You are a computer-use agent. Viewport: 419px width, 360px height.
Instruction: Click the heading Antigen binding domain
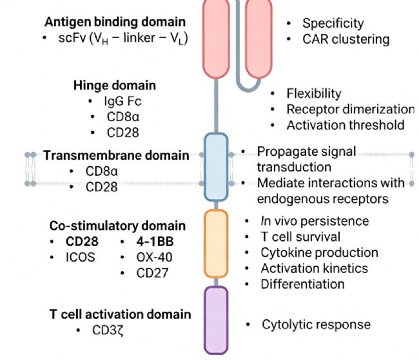point(115,22)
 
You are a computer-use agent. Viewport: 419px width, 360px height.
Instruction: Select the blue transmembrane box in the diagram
point(216,167)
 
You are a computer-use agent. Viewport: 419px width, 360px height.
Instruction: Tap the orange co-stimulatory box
point(216,244)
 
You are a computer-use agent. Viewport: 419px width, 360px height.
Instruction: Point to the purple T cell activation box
point(216,320)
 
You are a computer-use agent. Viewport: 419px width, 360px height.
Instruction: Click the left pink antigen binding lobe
point(216,39)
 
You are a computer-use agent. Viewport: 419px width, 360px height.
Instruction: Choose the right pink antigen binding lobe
point(258,39)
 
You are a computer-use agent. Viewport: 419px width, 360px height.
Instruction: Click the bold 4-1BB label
point(155,242)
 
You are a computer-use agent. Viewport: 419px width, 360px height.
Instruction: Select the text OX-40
point(154,258)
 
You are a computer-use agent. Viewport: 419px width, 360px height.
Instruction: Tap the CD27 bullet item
point(152,273)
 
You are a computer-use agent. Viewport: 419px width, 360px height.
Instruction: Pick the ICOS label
point(81,258)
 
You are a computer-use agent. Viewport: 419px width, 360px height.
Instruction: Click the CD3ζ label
point(108,330)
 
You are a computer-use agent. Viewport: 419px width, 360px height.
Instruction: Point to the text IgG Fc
point(122,101)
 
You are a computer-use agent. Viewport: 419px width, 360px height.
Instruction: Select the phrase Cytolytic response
point(316,325)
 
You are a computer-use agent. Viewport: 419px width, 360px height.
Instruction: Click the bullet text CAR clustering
point(346,39)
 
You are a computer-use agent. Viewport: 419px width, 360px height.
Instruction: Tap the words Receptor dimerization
point(351,109)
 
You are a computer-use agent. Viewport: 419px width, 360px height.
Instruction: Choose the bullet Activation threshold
point(346,125)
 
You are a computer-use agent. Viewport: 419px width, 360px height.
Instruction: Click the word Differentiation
point(302,284)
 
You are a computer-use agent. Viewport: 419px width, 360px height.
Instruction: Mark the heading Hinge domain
point(115,86)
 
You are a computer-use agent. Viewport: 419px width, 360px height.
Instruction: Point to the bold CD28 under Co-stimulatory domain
point(82,242)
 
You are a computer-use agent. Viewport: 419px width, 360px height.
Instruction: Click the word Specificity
point(333,23)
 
